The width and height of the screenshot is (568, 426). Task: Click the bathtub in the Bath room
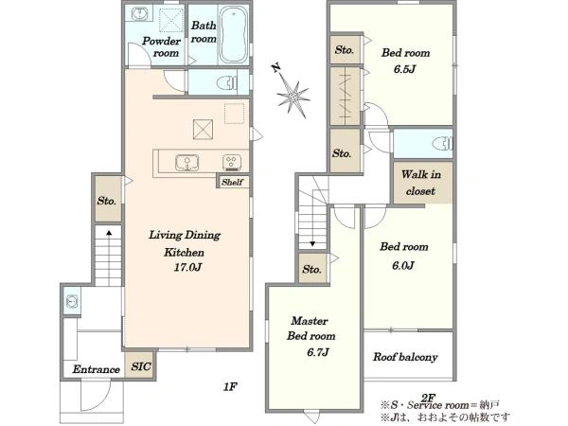click(234, 35)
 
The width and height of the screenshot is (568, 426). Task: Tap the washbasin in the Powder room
click(138, 14)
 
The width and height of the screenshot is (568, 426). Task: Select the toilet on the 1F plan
click(227, 83)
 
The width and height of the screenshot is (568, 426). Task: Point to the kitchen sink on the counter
click(186, 162)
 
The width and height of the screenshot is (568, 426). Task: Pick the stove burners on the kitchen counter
click(232, 162)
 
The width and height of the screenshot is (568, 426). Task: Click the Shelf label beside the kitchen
click(232, 182)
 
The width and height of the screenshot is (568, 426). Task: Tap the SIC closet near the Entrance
click(141, 365)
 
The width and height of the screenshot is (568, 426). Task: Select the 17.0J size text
click(187, 267)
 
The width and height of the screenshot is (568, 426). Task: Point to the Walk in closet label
click(421, 183)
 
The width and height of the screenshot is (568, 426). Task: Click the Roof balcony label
click(405, 357)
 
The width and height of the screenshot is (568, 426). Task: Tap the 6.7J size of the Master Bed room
click(318, 352)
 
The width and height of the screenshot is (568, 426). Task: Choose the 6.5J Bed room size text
click(404, 69)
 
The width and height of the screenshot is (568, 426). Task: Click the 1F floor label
click(230, 387)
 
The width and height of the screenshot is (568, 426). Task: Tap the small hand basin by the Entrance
click(71, 301)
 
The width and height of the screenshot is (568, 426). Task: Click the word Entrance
click(96, 369)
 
